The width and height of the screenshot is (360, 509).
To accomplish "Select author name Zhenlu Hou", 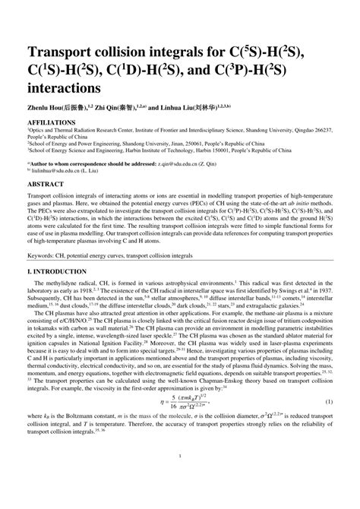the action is point(46,109).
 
